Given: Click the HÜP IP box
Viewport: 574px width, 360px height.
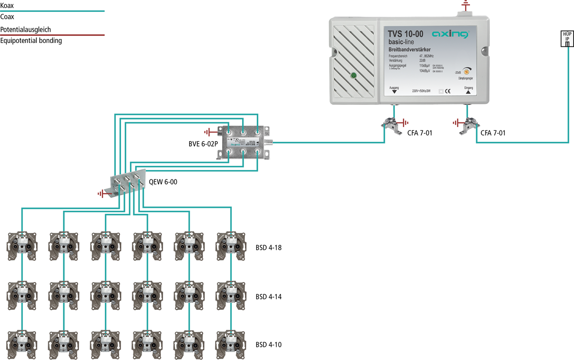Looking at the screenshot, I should point(566,39).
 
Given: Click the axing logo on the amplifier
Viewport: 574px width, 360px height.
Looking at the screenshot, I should point(450,34).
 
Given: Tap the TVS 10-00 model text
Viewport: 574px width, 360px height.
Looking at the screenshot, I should point(405,34).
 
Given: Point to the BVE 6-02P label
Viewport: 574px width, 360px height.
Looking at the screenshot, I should point(202,144).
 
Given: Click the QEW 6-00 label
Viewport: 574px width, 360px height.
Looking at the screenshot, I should point(164,181).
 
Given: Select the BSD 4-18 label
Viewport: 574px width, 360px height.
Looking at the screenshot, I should point(269,247).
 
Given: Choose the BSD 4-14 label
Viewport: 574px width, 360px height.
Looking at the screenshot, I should point(269,297).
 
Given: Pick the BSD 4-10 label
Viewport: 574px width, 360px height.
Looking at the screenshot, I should point(269,344).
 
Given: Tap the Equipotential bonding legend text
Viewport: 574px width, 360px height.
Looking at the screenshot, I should point(31,41).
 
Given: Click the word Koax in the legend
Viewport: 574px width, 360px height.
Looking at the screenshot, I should point(7,5).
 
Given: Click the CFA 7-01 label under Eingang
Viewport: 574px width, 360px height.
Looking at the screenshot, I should point(493,133).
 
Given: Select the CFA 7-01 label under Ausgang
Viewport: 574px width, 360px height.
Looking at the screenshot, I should point(419,133).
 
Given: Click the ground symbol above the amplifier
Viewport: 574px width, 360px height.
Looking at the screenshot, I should point(465,6).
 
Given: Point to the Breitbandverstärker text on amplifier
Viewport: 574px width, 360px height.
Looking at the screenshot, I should point(409,50).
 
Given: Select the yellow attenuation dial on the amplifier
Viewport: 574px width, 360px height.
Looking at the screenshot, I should point(466,72).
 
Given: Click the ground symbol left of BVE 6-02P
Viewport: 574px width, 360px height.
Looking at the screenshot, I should point(209,131).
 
